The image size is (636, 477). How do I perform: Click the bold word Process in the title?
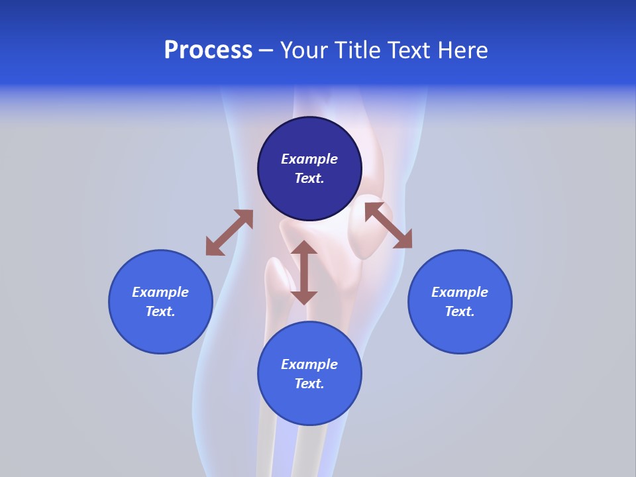pos(208,50)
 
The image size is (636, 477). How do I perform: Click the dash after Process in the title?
pos(266,51)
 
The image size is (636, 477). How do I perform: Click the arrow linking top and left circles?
pos(229,233)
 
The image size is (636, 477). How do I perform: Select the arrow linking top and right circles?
pos(388,225)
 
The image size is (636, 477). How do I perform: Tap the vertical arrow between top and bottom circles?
pos(304,272)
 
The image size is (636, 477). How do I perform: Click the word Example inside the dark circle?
pos(309,159)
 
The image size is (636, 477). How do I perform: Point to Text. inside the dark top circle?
pos(309,178)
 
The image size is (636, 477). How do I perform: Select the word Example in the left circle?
pos(160,292)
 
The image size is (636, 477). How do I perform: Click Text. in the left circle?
pos(160,311)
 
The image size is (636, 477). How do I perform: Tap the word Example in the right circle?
pos(460,292)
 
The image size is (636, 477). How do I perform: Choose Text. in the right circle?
pos(460,311)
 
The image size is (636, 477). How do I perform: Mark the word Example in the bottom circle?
pos(309,364)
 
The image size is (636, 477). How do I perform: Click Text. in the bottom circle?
pos(309,384)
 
